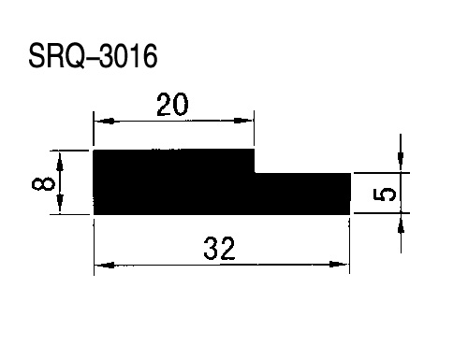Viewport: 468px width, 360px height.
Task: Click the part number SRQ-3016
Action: (x=93, y=56)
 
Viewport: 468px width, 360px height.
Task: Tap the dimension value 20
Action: (x=172, y=105)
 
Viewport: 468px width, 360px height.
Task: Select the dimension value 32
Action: (x=219, y=249)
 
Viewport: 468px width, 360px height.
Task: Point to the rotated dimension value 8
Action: (x=43, y=183)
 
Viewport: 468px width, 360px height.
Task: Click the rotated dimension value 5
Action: (x=385, y=194)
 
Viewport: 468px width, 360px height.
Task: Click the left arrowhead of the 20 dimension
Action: (x=105, y=121)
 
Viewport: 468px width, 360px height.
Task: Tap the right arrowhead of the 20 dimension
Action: (x=243, y=121)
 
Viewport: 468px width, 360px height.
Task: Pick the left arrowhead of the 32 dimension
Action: (x=105, y=266)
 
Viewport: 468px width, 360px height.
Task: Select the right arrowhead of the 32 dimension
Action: (x=339, y=265)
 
